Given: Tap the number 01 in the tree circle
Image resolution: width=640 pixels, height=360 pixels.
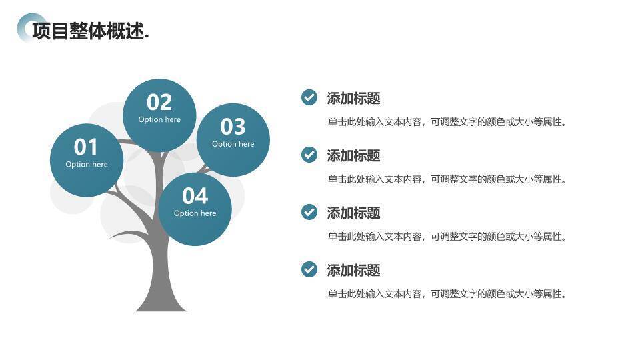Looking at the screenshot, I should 86,147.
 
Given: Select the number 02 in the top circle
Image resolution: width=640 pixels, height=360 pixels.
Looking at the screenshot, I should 159,102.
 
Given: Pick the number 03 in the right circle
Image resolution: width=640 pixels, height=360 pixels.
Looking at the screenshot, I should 233,126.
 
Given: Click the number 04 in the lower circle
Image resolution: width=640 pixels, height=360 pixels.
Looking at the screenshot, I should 195,196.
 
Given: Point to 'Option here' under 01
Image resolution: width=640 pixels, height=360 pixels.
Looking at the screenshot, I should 87,165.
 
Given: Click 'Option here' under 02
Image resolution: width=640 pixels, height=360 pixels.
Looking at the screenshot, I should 159,120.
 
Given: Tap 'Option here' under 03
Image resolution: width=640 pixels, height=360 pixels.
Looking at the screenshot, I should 233,144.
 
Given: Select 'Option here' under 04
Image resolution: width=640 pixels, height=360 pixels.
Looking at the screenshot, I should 195,213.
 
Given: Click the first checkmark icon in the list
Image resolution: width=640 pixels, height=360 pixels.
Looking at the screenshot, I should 309,98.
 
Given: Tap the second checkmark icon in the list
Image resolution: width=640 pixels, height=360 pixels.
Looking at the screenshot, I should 309,155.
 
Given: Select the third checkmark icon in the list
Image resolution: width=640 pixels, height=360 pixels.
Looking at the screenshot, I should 309,213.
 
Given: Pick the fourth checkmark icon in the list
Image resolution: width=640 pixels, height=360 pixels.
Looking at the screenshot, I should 309,270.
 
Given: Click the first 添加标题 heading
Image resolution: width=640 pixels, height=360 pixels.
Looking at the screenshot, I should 353,99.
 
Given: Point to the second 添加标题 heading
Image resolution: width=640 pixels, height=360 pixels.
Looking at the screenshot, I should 353,156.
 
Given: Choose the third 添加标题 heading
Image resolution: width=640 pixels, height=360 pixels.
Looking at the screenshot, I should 353,213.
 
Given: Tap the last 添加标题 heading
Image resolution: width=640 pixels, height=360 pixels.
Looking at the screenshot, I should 353,271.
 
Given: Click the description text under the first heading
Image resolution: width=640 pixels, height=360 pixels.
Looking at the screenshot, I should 447,122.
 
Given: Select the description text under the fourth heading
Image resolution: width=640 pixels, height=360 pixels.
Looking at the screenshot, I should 447,294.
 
